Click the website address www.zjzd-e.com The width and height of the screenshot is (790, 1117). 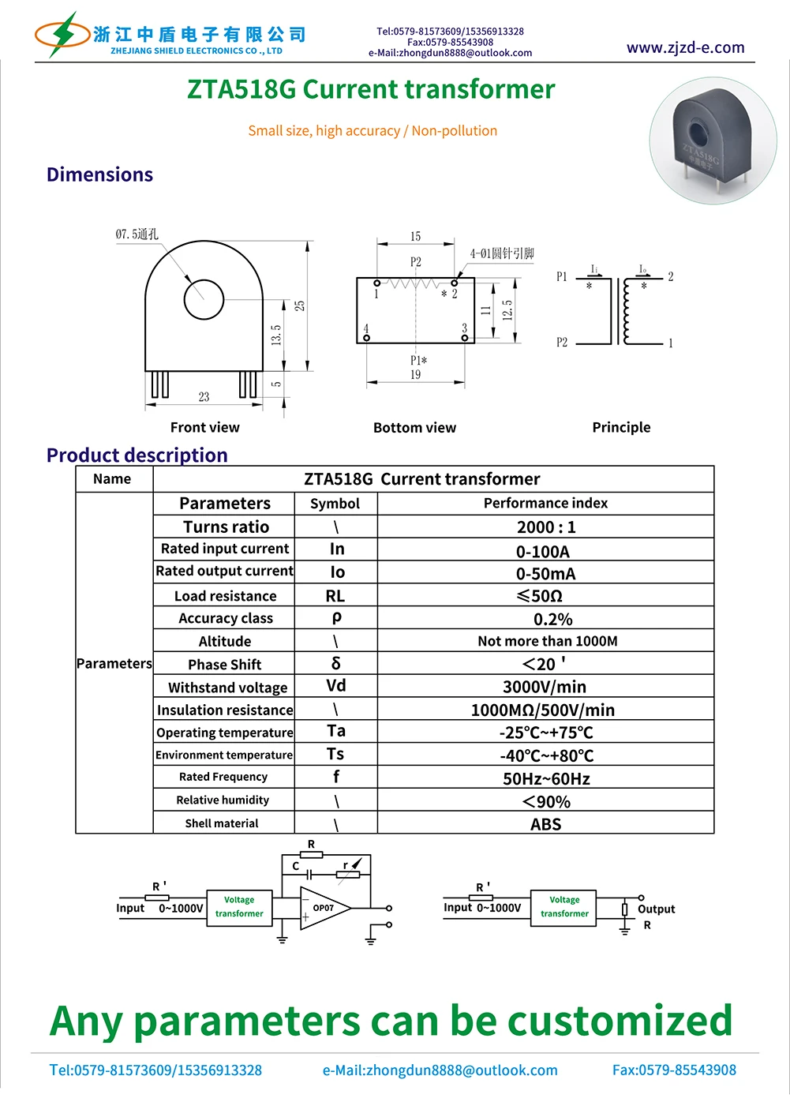coord(685,47)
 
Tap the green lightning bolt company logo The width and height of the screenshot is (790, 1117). coord(62,34)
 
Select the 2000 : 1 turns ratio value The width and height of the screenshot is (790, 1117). coord(545,527)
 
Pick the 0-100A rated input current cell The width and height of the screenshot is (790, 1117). coord(543,551)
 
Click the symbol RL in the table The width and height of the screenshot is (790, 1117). coord(335,596)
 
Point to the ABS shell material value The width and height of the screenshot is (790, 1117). coord(545,824)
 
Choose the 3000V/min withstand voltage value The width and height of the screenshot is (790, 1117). coord(545,687)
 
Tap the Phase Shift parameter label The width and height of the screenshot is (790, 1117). coord(224,664)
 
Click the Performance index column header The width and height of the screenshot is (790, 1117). coord(545,503)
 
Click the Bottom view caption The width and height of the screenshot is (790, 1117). coord(414,428)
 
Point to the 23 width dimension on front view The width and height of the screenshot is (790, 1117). coord(204,396)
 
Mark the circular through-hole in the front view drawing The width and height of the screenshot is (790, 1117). coord(204,299)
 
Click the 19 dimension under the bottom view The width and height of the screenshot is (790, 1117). coord(415,375)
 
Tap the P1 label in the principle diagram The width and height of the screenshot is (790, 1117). coord(562,276)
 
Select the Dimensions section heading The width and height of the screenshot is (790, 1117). coord(99,174)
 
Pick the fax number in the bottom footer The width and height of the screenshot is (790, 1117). coord(674,1070)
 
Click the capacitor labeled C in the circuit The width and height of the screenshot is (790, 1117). coord(310,874)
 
